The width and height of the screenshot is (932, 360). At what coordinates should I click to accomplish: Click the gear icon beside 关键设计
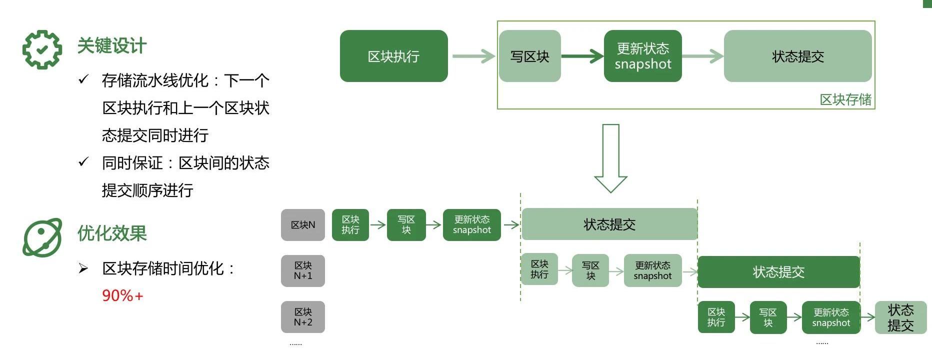[x=42, y=49]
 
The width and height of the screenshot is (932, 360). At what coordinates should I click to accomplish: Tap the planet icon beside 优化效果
[x=42, y=237]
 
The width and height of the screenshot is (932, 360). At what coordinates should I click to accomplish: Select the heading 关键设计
[x=111, y=46]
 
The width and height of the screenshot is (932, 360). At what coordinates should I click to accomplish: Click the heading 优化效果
[x=112, y=233]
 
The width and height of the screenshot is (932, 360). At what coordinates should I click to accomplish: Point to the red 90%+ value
[x=122, y=295]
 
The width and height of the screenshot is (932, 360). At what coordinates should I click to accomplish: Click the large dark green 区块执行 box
[x=393, y=56]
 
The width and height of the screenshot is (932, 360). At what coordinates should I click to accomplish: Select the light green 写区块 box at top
[x=529, y=56]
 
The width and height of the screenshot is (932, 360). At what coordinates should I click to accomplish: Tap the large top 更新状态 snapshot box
[x=642, y=56]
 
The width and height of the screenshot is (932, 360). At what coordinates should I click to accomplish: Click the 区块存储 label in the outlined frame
[x=845, y=99]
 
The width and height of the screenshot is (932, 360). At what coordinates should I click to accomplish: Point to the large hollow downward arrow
[x=610, y=158]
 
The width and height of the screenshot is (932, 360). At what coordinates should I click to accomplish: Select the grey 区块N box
[x=303, y=225]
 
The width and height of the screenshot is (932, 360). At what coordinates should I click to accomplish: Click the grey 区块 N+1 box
[x=303, y=271]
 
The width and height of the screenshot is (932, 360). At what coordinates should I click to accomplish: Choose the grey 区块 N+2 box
[x=303, y=317]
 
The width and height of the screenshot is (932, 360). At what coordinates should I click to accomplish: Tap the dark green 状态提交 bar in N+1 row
[x=778, y=272]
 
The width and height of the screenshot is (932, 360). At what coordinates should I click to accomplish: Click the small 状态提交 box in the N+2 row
[x=900, y=317]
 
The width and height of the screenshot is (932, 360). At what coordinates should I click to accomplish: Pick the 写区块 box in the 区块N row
[x=406, y=225]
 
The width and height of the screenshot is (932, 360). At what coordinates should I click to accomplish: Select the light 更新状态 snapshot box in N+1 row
[x=652, y=271]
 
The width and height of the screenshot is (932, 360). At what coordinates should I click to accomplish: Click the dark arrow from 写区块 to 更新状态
[x=582, y=56]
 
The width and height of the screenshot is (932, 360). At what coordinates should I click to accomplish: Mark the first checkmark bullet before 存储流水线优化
[x=83, y=79]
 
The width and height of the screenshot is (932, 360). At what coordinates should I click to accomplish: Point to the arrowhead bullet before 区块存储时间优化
[x=83, y=269]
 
